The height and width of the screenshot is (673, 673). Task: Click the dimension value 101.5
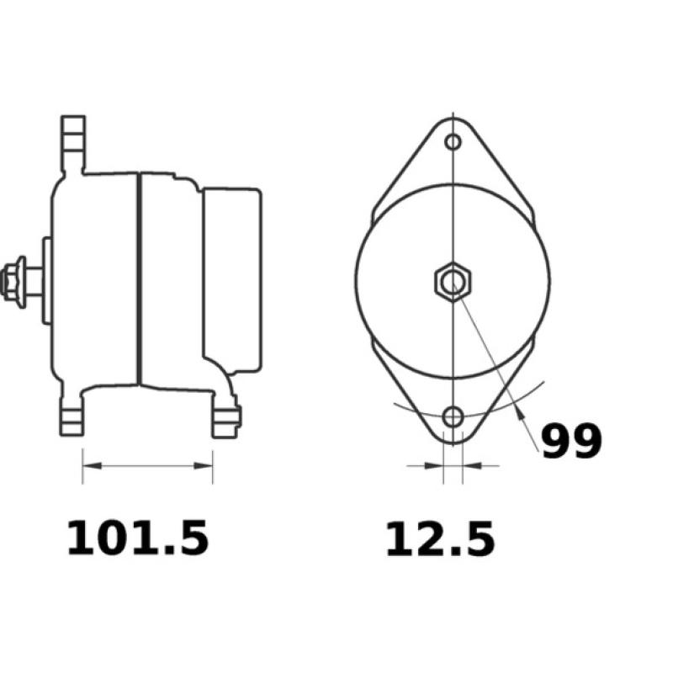click(x=137, y=538)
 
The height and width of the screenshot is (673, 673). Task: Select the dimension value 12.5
click(x=440, y=539)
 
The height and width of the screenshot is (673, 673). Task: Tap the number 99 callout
click(x=571, y=441)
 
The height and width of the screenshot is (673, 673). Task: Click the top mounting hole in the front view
click(x=453, y=141)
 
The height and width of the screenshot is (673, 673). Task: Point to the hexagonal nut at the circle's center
click(x=453, y=280)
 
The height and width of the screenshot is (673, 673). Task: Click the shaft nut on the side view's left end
click(x=13, y=280)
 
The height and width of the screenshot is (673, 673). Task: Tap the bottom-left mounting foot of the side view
click(x=72, y=416)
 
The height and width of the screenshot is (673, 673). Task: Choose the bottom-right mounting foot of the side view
click(x=225, y=418)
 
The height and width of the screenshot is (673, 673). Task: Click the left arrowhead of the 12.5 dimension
click(x=436, y=464)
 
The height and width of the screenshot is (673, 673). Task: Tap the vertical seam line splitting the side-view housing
click(x=138, y=278)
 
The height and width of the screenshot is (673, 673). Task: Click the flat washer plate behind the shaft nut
click(x=47, y=280)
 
